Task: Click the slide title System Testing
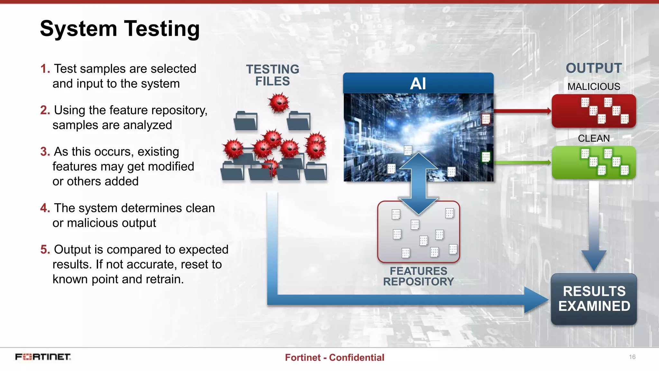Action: point(120,29)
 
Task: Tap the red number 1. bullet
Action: point(45,69)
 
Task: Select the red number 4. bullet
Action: point(45,208)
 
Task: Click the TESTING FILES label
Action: point(273,75)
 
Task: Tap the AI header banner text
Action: point(418,84)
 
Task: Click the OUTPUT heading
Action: point(594,68)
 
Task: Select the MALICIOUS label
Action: point(594,87)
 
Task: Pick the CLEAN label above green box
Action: point(594,138)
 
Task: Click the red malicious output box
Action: point(594,111)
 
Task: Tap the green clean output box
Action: point(594,162)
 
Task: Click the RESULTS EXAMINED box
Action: point(594,299)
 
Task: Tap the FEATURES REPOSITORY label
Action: point(418,276)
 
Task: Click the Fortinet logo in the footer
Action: point(43,357)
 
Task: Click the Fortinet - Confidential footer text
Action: point(334,357)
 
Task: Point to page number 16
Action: point(632,357)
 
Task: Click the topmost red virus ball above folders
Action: point(279,103)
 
